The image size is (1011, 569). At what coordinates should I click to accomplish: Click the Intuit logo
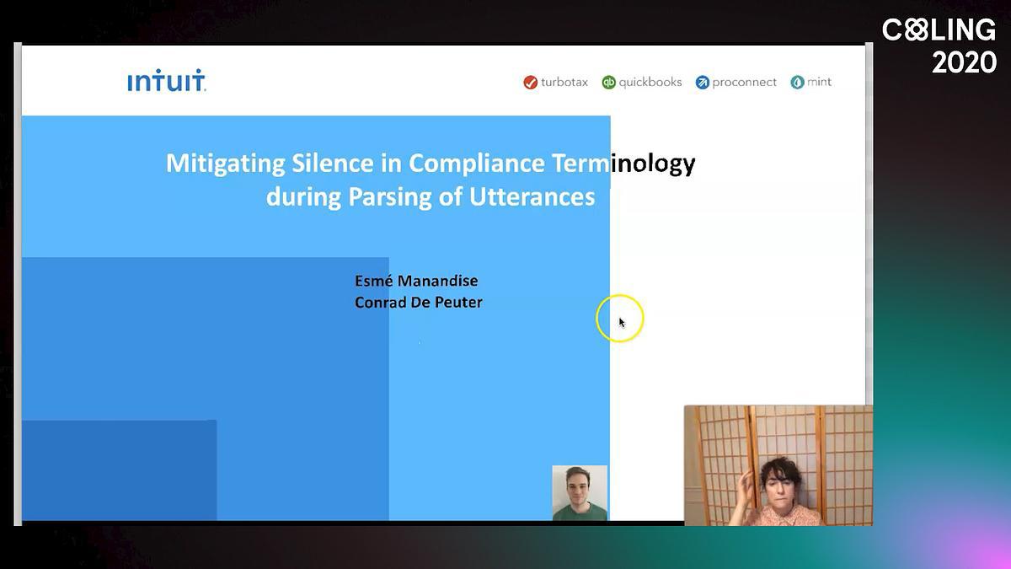(x=167, y=80)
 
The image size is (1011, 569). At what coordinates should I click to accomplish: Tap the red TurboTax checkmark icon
(x=530, y=83)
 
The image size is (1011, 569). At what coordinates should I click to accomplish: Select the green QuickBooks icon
(x=608, y=83)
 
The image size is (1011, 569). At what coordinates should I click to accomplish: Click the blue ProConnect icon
(x=703, y=83)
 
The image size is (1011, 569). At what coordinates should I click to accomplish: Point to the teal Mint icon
(x=797, y=83)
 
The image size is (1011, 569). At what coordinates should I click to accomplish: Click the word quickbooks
(x=650, y=83)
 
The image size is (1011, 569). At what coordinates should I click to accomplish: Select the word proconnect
(x=744, y=83)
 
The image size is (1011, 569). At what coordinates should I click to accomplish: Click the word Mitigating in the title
(x=226, y=164)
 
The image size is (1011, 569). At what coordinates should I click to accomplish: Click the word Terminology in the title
(x=623, y=164)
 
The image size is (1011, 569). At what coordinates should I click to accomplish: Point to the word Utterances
(x=532, y=197)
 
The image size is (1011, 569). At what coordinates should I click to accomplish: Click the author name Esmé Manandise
(x=416, y=281)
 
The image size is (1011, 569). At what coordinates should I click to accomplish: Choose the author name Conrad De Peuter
(x=419, y=302)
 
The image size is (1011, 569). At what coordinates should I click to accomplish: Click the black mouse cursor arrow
(x=622, y=322)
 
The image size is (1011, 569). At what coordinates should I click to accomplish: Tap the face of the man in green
(x=578, y=488)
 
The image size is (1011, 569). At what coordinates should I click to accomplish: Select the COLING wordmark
(x=939, y=30)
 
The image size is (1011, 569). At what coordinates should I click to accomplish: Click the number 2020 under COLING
(x=964, y=62)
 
